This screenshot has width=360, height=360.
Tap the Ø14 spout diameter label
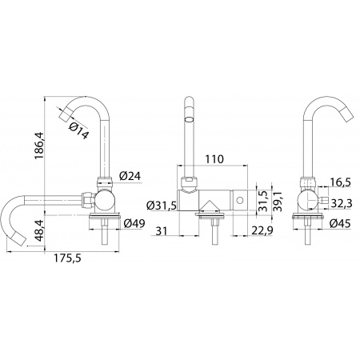click(78, 130)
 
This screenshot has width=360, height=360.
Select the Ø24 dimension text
click(130, 176)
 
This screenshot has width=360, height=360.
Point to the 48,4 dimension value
click(39, 231)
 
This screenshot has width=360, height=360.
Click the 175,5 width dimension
click(67, 258)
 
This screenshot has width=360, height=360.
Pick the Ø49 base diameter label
click(134, 223)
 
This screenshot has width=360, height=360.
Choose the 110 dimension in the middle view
click(214, 159)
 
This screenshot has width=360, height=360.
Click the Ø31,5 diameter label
click(162, 206)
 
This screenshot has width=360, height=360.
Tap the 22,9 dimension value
click(261, 230)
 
